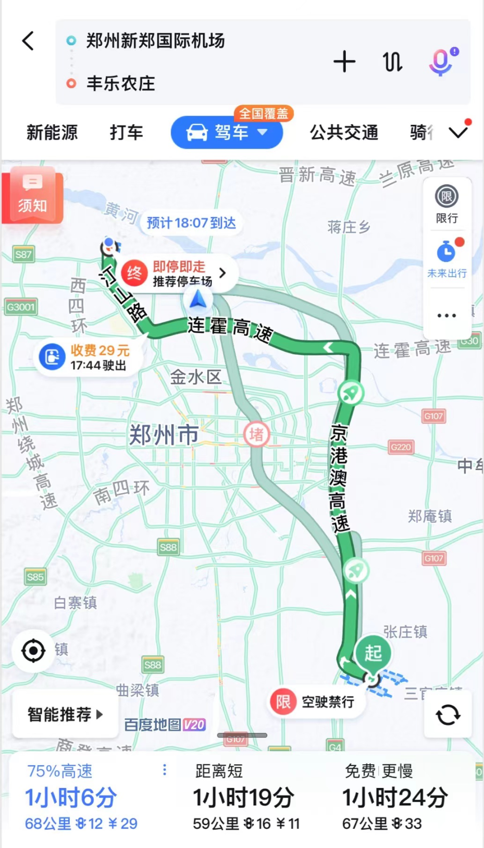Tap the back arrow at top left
click(29, 41)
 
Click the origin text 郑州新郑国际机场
click(155, 41)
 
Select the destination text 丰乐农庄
click(121, 83)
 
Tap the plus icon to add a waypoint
click(344, 62)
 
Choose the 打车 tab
click(126, 133)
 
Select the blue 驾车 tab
click(227, 133)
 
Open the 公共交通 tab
click(344, 133)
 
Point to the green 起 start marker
click(373, 653)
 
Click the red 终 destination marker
click(134, 273)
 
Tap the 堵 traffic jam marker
click(256, 434)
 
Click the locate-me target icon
click(33, 651)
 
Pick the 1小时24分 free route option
click(394, 797)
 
